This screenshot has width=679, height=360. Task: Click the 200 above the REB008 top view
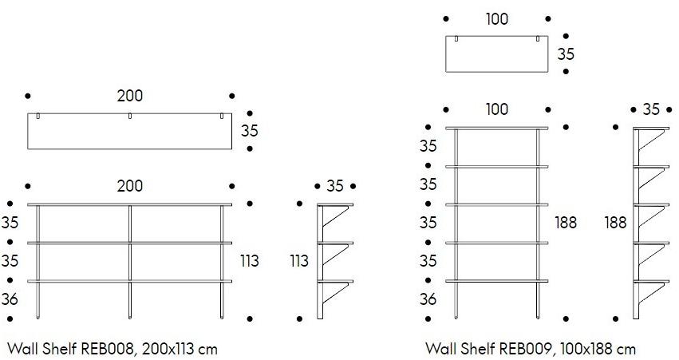point(129,96)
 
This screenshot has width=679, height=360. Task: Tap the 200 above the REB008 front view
point(129,186)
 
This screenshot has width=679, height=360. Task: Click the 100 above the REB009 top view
point(496,19)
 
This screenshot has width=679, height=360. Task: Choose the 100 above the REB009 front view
point(496,109)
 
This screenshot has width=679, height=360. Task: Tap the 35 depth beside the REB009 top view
point(566,54)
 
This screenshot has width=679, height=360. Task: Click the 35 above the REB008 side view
point(335,186)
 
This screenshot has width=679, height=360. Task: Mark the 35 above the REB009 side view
point(651,109)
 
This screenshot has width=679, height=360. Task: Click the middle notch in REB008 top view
point(129,117)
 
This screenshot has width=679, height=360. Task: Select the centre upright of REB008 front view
point(129,259)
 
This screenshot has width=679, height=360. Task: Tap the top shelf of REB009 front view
point(496,128)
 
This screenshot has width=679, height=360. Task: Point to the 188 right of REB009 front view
point(566,223)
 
